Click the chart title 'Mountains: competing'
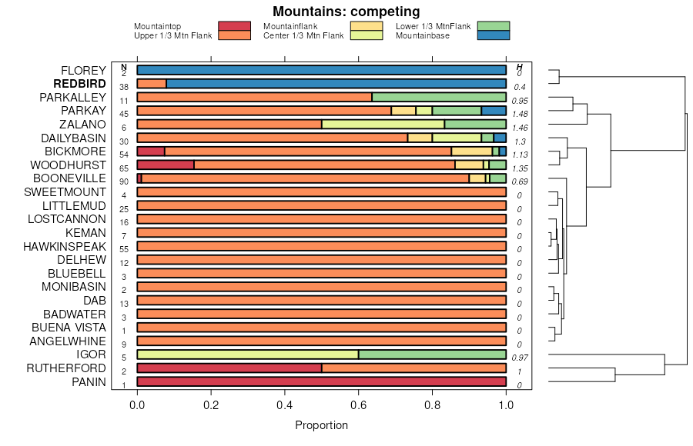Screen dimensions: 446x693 pyautogui.click(x=346, y=12)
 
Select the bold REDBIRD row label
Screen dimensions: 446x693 pyautogui.click(x=79, y=84)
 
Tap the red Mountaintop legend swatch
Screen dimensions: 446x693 pyautogui.click(x=234, y=26)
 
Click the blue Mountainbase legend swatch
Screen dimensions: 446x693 pyautogui.click(x=493, y=35)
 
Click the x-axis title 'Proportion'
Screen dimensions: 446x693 pyautogui.click(x=322, y=425)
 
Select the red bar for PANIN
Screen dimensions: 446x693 pyautogui.click(x=321, y=382)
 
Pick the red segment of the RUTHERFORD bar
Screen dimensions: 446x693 pyautogui.click(x=229, y=368)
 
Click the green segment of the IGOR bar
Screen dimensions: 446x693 pyautogui.click(x=432, y=354)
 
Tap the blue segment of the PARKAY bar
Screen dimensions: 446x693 pyautogui.click(x=494, y=111)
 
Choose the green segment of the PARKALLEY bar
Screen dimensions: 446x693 pyautogui.click(x=439, y=98)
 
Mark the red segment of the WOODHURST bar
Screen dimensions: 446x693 pyautogui.click(x=166, y=165)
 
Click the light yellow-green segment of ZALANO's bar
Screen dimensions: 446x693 pyautogui.click(x=383, y=125)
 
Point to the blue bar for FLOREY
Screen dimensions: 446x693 pyautogui.click(x=321, y=71)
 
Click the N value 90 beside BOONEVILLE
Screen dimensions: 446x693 pyautogui.click(x=124, y=181)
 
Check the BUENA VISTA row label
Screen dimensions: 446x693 pyautogui.click(x=75, y=328)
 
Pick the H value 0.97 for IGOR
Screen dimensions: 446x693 pyautogui.click(x=519, y=358)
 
